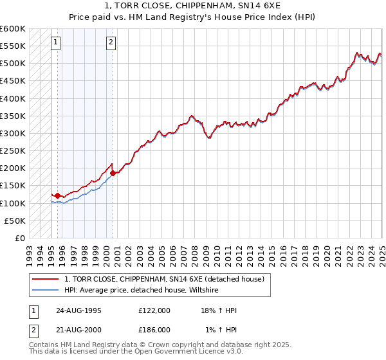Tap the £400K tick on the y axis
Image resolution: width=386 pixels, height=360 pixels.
pyautogui.click(x=12, y=98)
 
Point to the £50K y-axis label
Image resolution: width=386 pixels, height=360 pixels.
pyautogui.click(x=15, y=221)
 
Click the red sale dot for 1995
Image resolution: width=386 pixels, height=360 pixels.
pyautogui.click(x=58, y=195)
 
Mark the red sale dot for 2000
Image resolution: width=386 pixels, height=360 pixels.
pyautogui.click(x=113, y=173)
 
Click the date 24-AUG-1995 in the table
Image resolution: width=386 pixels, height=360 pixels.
pyautogui.click(x=78, y=310)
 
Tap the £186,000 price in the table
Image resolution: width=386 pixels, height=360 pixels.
pyautogui.click(x=154, y=329)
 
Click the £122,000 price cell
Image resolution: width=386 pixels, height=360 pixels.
pyautogui.click(x=154, y=310)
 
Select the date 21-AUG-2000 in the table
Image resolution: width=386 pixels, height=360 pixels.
pyautogui.click(x=78, y=329)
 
